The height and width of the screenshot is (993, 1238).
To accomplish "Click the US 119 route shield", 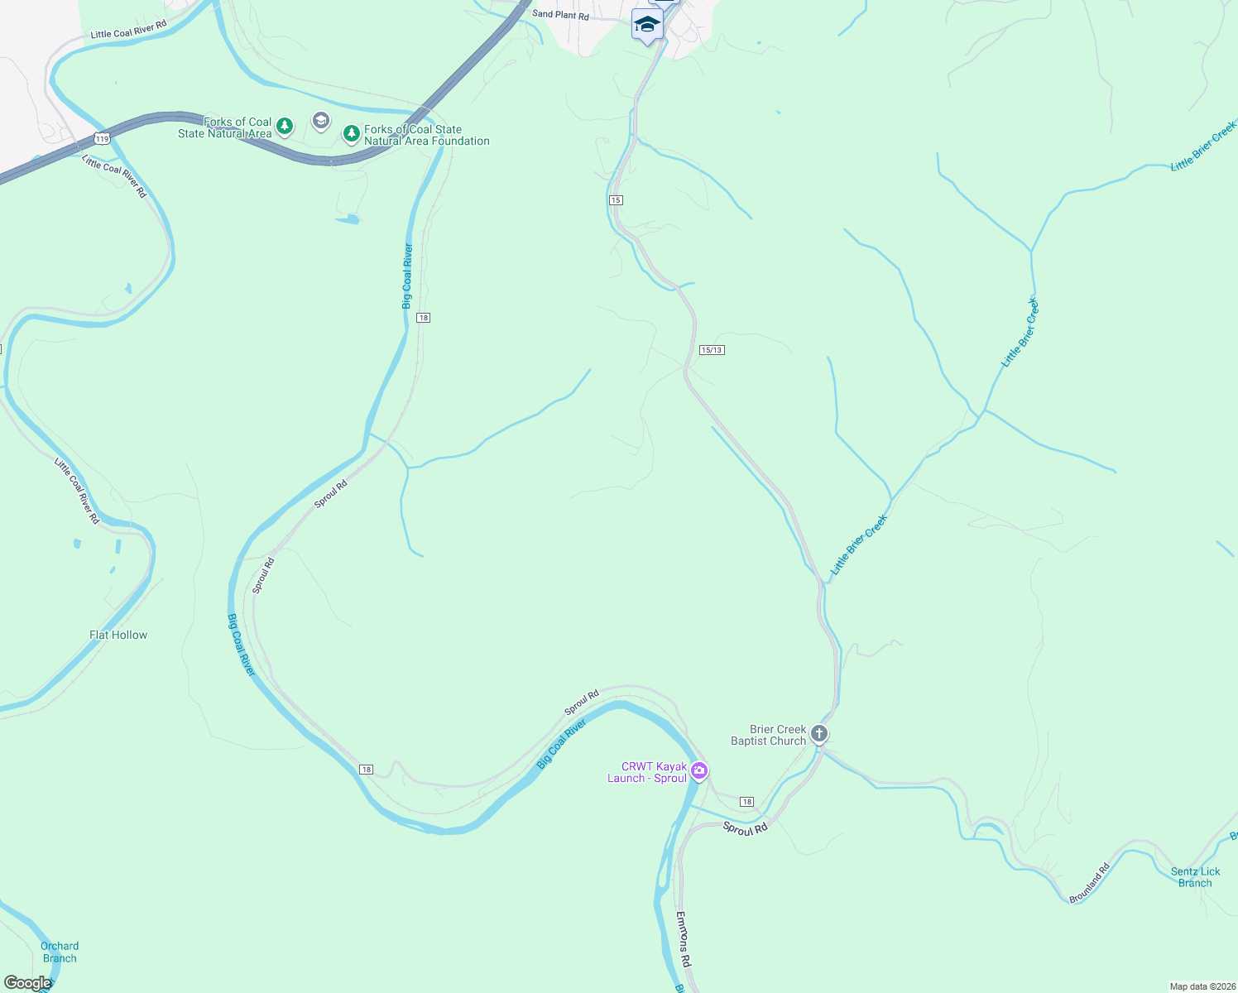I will click(x=102, y=138).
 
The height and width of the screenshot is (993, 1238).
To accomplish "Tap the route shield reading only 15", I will click(x=616, y=200).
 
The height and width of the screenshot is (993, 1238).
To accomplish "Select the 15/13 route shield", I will click(x=712, y=350).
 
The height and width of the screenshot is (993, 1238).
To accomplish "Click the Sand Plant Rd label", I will click(x=560, y=15).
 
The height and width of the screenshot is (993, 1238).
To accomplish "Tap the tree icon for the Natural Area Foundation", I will click(x=352, y=132).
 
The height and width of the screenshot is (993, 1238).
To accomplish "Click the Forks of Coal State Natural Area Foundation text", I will click(x=426, y=135).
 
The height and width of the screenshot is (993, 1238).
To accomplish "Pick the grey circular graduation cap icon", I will click(x=320, y=122).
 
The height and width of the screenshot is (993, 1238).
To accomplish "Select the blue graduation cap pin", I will click(x=646, y=24).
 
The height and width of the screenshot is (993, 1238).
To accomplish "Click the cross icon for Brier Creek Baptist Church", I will click(x=818, y=734).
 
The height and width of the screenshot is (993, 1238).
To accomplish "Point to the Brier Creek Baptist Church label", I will click(x=768, y=735).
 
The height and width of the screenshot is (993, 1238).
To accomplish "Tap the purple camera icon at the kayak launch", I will click(x=699, y=771).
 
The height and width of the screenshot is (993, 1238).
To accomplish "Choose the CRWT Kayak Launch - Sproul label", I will click(x=647, y=772).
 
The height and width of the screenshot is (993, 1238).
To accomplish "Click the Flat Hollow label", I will click(x=118, y=635).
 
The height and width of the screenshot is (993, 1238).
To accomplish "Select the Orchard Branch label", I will click(x=60, y=952).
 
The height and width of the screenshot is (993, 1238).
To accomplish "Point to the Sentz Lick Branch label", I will click(x=1195, y=877).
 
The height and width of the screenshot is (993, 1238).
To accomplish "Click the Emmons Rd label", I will click(x=684, y=939).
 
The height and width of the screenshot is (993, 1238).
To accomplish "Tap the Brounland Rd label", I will click(x=1089, y=884).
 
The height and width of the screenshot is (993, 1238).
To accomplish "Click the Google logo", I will click(x=26, y=983).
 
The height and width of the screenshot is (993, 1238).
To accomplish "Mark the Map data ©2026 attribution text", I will click(x=1202, y=986).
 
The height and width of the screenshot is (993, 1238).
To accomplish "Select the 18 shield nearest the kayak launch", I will click(x=746, y=802).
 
